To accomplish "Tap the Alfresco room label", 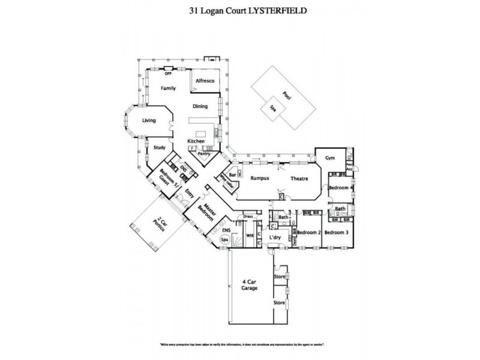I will coord(206,80).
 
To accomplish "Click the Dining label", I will coord(200,107).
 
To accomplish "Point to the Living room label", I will coord(149,121).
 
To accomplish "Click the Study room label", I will coord(159,147).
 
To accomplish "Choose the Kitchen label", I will coord(196,141).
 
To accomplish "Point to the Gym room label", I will coord(329,158).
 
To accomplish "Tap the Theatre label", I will coord(300,178).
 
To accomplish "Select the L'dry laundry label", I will coord(275,238).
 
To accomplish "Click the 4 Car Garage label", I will coord(249,285).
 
